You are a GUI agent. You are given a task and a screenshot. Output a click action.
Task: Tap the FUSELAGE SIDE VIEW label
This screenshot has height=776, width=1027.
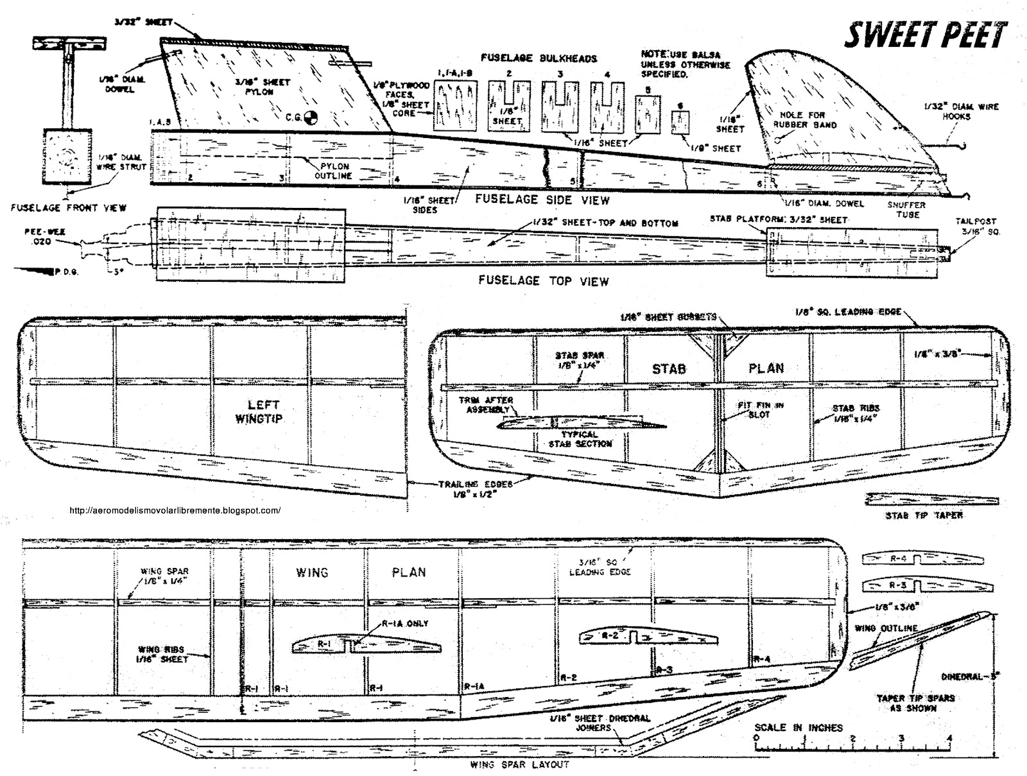click(x=542, y=200)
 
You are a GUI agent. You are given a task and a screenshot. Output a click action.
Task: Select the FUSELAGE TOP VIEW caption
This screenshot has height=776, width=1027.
click(x=544, y=280)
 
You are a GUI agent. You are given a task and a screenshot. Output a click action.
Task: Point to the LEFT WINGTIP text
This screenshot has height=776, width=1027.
click(x=263, y=411)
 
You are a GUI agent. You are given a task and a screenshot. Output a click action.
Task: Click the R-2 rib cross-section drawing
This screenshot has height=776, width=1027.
click(x=648, y=637)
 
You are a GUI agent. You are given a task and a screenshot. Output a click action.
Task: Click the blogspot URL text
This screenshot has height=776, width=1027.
click(x=174, y=511)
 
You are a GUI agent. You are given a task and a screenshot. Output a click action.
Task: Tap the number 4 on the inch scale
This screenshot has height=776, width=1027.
click(x=949, y=737)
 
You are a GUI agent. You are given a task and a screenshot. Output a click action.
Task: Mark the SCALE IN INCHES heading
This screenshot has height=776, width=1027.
click(x=798, y=727)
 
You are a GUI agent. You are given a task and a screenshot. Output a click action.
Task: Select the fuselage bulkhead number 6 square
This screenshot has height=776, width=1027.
click(x=681, y=121)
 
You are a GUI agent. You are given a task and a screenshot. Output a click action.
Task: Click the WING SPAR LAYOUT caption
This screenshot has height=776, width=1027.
click(x=519, y=764)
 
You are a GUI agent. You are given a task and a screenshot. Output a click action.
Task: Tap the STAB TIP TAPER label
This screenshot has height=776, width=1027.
click(x=923, y=515)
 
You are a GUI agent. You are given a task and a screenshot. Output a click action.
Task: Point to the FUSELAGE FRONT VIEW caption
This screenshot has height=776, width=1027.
click(x=69, y=207)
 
